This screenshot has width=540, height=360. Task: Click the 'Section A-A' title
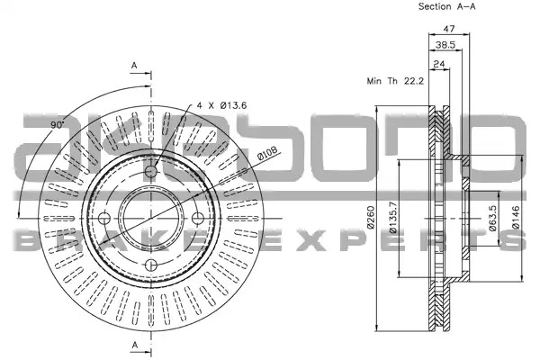coord(446,6)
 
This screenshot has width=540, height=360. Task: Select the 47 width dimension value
coord(449,29)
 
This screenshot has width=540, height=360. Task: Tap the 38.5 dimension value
coord(445,44)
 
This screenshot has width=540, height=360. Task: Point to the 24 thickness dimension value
coord(439,64)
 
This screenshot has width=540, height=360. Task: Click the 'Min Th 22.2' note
coord(395,81)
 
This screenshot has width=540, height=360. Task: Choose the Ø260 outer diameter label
coord(371,217)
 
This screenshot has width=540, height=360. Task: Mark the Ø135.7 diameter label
coord(393,218)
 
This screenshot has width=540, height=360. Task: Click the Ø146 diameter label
coord(515,218)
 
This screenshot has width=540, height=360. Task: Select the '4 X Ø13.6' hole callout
coord(221,105)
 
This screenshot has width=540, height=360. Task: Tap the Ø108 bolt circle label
coord(267,153)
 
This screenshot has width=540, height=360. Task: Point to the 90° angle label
coord(58,124)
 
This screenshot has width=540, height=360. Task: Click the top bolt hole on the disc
coord(151,171)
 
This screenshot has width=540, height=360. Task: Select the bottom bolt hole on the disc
coord(151,265)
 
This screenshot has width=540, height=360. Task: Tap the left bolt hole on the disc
coord(104,218)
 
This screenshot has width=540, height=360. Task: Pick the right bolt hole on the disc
coord(198,218)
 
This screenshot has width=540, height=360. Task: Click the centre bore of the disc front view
coord(151,218)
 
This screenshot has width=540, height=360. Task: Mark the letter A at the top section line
coord(134,66)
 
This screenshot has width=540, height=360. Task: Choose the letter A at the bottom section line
coord(135,345)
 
